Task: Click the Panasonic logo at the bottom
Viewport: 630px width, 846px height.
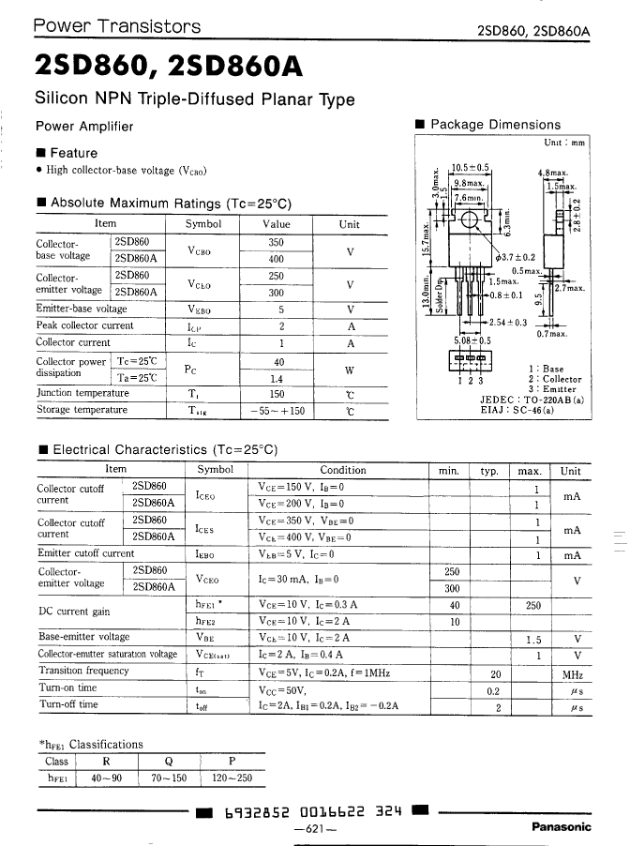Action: (x=562, y=826)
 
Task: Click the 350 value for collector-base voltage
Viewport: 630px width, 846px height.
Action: (x=276, y=242)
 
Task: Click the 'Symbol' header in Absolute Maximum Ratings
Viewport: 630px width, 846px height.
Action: (x=202, y=224)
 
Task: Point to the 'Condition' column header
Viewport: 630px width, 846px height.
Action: (x=343, y=471)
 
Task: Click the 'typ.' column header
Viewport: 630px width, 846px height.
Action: (x=488, y=471)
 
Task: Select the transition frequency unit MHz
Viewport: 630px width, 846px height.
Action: (x=572, y=672)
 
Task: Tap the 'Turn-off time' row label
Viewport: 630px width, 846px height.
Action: (x=68, y=704)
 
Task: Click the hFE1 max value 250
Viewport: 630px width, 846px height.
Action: (x=533, y=605)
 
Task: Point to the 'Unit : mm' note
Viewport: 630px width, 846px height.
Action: (x=564, y=143)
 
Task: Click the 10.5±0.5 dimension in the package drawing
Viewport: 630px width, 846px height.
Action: (x=471, y=168)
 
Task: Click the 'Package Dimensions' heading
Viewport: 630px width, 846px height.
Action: (x=495, y=125)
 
